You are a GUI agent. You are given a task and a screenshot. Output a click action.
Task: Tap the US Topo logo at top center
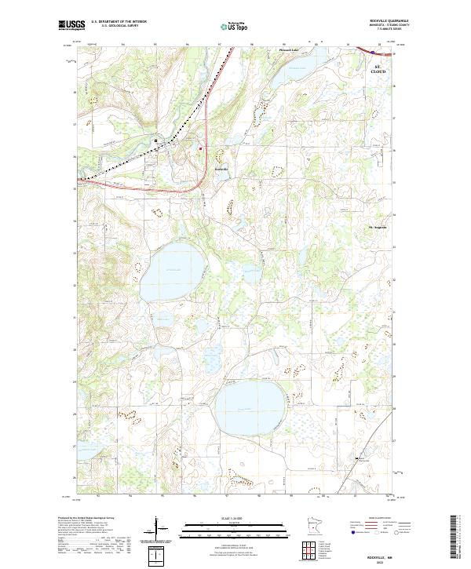point(236,26)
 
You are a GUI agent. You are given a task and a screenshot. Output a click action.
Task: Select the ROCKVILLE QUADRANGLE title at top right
point(389,21)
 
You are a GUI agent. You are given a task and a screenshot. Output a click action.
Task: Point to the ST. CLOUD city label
point(379,70)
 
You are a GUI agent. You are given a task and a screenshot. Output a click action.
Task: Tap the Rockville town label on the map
point(222,168)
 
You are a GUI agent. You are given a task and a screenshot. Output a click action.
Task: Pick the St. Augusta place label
point(379,228)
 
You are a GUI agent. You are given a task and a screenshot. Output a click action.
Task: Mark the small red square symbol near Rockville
point(200,148)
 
